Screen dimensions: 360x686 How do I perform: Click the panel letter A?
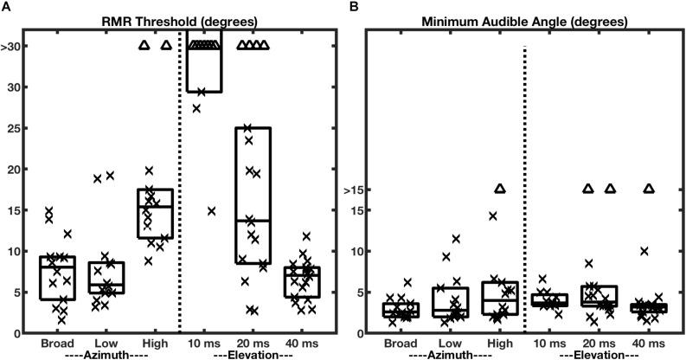5,6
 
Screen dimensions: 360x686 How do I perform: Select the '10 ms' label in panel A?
205,344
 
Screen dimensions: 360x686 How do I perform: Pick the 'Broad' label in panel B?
401,344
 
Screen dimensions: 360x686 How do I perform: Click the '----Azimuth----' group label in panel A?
95,355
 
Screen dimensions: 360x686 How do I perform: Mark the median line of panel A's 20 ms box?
253,221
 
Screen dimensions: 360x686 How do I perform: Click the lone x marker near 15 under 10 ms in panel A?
212,210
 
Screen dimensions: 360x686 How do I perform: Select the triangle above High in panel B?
499,189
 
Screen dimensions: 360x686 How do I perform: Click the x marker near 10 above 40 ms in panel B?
644,251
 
